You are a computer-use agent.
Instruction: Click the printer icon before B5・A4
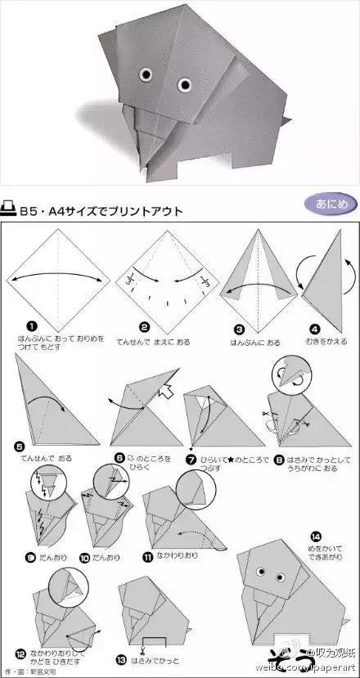point(11,211)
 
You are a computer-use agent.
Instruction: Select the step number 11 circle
point(149,559)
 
